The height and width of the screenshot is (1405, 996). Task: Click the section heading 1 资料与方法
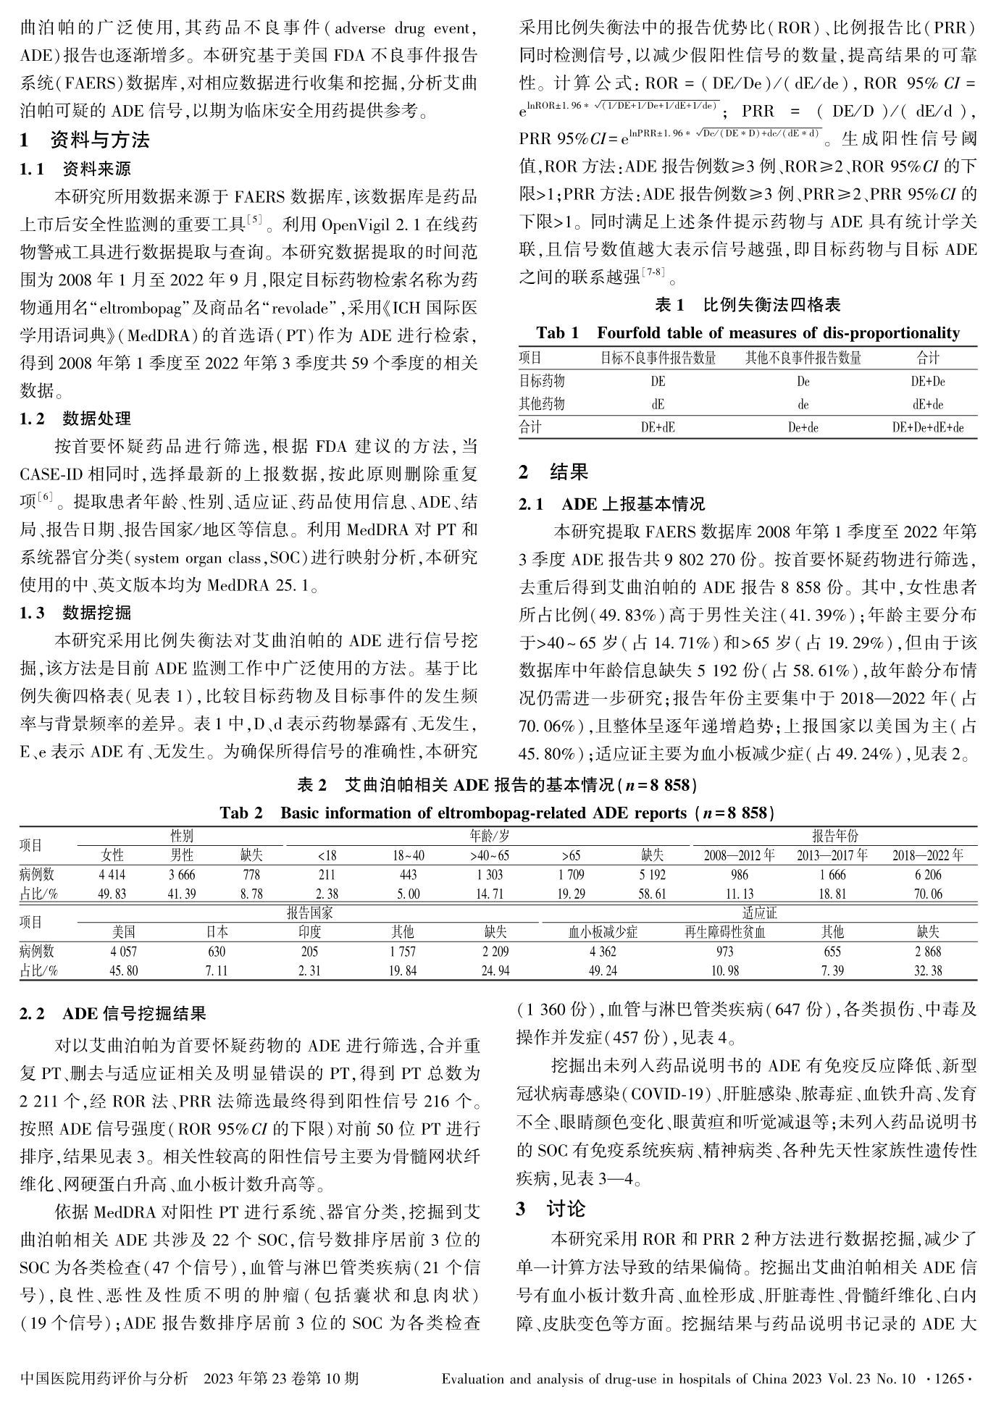pos(85,140)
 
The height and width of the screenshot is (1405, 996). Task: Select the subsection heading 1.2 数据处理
pos(75,419)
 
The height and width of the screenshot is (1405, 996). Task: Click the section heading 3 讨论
pos(551,1209)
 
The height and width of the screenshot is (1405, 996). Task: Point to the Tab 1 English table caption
pos(748,333)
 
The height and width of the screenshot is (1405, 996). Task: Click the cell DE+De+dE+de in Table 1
pos(927,428)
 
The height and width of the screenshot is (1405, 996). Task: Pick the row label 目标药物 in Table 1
pos(541,381)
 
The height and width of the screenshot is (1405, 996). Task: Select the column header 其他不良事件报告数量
pos(803,358)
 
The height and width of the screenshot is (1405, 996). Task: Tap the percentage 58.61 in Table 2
pos(652,894)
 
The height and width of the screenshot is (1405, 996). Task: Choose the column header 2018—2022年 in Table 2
pos(927,855)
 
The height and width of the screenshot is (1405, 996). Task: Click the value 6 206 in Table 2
pos(927,875)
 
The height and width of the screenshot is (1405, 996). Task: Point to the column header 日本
pos(217,932)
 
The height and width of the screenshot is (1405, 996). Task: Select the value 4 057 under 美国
pos(123,952)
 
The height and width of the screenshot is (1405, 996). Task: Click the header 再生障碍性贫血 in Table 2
pos(724,932)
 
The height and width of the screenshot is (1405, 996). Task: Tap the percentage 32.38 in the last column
pos(928,971)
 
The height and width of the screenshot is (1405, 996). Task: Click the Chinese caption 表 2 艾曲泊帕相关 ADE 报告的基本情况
pos(498,785)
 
